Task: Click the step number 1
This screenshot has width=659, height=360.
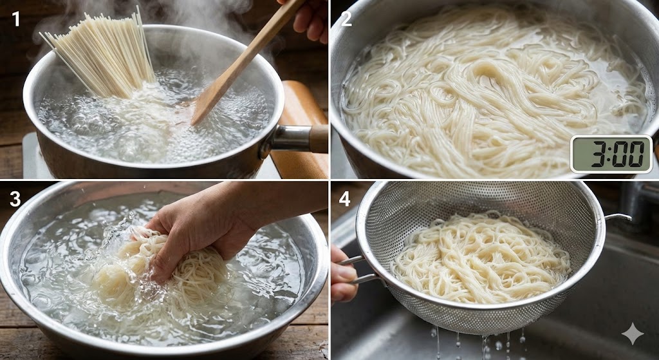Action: pyautogui.click(x=15, y=19)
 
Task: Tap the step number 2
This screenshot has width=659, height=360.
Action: pyautogui.click(x=346, y=19)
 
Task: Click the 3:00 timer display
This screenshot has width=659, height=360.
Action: pyautogui.click(x=611, y=154)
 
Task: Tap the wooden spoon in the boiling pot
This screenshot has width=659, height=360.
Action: pyautogui.click(x=246, y=63)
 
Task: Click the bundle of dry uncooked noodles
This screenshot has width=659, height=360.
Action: pyautogui.click(x=102, y=54)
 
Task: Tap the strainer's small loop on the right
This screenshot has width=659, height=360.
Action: pyautogui.click(x=618, y=218)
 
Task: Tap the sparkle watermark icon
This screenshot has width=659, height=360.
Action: pyautogui.click(x=633, y=334)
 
